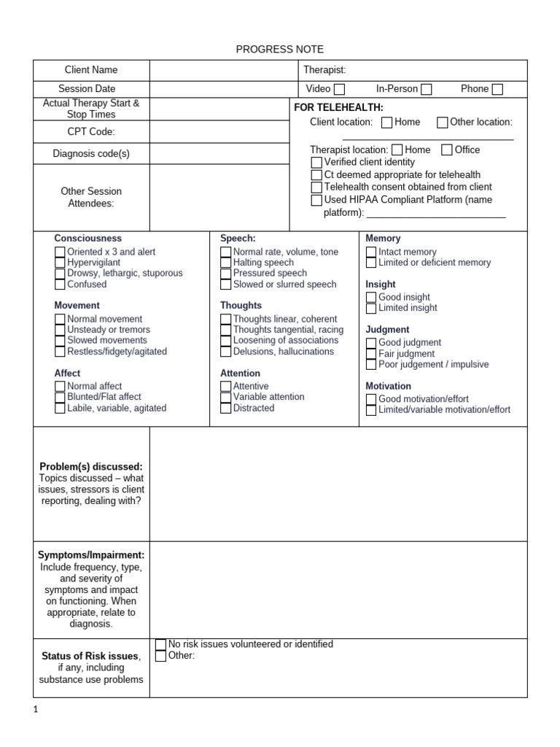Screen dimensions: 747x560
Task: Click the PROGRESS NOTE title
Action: (280, 49)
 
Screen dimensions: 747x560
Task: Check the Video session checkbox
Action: (339, 90)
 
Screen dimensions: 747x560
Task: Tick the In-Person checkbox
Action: (426, 90)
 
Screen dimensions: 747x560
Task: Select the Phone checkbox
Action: (497, 90)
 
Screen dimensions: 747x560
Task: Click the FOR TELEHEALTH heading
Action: (338, 107)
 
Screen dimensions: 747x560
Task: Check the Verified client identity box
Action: (316, 162)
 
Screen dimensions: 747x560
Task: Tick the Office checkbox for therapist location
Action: (447, 150)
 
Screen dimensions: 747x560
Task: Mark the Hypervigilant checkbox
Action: (60, 263)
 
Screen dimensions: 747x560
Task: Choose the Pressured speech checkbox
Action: (226, 274)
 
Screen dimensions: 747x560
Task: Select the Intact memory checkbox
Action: (371, 252)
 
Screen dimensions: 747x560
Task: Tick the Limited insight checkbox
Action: (371, 308)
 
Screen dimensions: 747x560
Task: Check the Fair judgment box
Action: (371, 353)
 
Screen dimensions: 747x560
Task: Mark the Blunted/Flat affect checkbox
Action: (60, 397)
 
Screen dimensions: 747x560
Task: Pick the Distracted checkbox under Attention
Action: (226, 408)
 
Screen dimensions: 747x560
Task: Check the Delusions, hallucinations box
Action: (226, 352)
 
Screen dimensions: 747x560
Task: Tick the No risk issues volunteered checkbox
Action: (161, 644)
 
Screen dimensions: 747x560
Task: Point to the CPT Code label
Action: (91, 132)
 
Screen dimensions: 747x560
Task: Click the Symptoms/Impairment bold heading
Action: (91, 555)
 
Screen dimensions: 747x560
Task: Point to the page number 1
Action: (36, 711)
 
